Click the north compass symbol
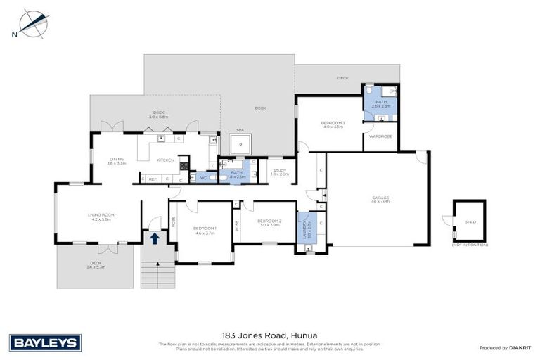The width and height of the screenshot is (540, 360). tap(31, 23)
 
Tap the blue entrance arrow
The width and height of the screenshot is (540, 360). tap(155, 238)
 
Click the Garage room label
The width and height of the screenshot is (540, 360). tap(380, 199)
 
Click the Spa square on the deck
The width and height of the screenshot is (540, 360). tap(241, 144)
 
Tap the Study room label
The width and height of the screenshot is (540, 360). tap(279, 171)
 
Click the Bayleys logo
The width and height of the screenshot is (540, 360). tap(46, 342)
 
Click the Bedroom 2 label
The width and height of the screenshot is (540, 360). tap(270, 223)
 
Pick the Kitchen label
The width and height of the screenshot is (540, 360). tap(165, 160)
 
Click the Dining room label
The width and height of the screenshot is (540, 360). tap(116, 161)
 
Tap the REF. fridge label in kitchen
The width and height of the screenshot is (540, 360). tap(152, 179)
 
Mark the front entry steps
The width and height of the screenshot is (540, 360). tap(157, 270)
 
